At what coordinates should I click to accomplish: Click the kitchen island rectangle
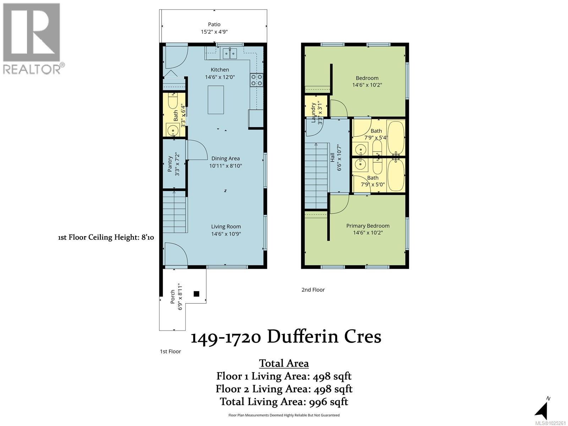(x=215, y=100)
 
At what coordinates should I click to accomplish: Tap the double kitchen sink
(x=230, y=54)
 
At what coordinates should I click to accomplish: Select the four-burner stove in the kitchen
(x=256, y=80)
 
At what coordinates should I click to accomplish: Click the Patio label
(x=214, y=24)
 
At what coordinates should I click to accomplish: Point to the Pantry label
(x=170, y=164)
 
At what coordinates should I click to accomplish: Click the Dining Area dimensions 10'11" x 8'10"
(x=226, y=166)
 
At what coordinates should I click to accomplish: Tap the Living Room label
(x=226, y=226)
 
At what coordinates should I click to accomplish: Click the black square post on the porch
(x=196, y=294)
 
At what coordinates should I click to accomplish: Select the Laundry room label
(x=313, y=112)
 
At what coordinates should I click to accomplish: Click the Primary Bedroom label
(x=368, y=226)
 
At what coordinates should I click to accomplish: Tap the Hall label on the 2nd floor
(x=333, y=158)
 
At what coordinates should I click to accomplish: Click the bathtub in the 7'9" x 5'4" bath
(x=396, y=137)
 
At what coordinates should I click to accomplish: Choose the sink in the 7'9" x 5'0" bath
(x=360, y=164)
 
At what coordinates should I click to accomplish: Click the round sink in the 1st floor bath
(x=173, y=130)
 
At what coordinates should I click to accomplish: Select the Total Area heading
(x=284, y=364)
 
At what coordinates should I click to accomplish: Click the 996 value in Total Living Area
(x=318, y=402)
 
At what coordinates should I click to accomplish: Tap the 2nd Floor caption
(x=313, y=290)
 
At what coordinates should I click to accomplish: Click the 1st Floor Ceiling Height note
(x=106, y=237)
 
